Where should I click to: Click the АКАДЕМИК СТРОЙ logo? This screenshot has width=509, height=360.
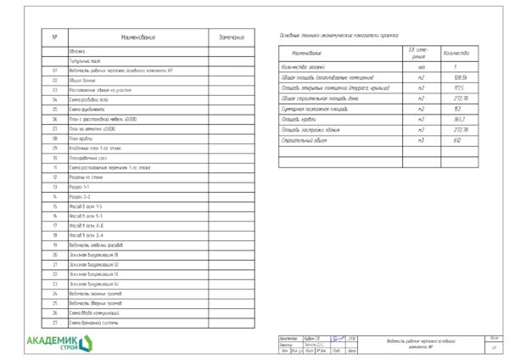pos(61,340)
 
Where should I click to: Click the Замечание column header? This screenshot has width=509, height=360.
pos(232,37)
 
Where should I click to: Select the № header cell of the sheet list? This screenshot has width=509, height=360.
pos(54,37)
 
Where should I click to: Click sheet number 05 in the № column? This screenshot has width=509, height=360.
pos(54,110)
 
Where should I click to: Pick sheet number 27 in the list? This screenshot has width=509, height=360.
pos(54,323)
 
